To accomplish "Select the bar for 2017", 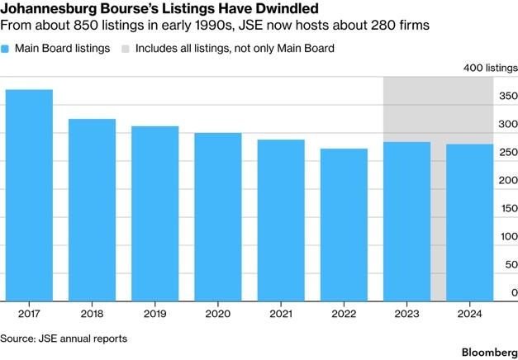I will pos(29,195).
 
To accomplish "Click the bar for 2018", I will pos(92,210).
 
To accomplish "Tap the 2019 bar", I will pos(155,213).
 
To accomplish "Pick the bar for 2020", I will pos(218,216).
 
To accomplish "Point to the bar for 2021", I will pos(281,220).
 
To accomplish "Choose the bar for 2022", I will pos(344,225).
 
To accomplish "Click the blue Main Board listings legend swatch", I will pos(7,49).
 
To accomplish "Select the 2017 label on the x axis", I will pos(29,315).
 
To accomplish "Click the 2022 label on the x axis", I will pos(344,315).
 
